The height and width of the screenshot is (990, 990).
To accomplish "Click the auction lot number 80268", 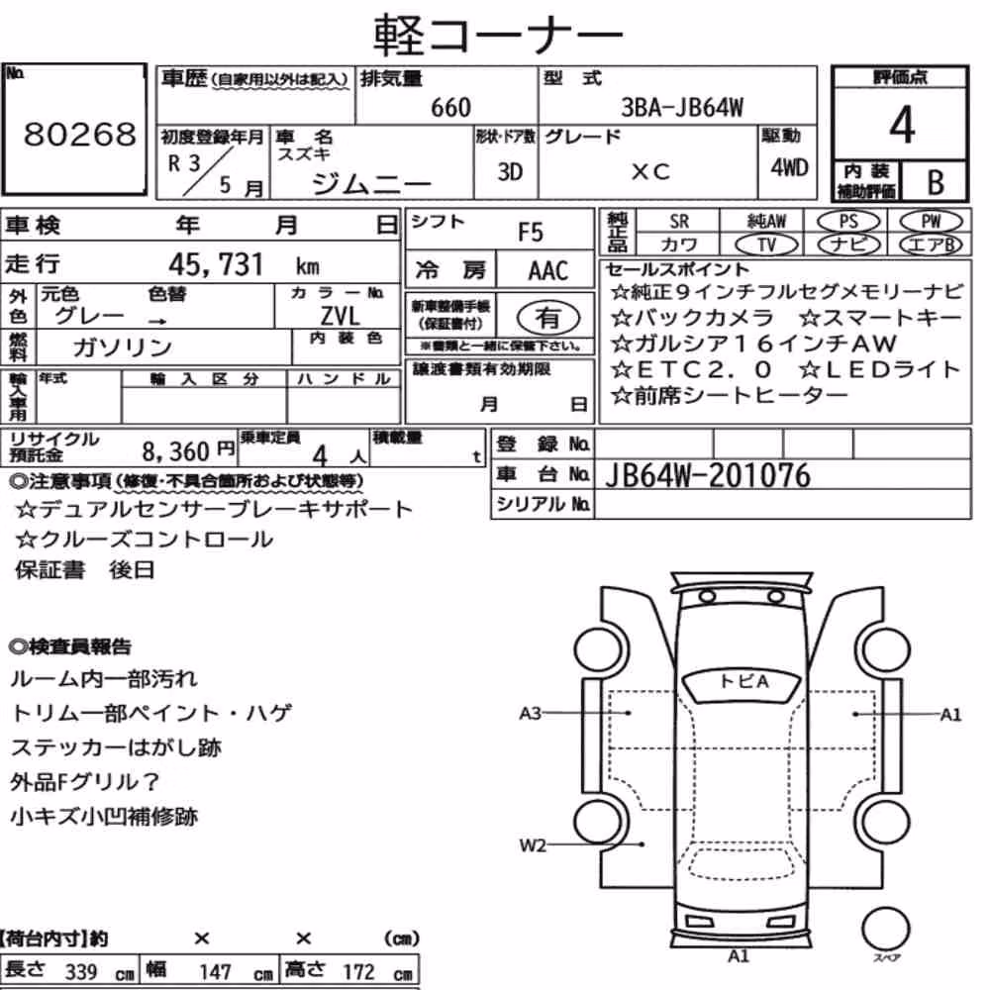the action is coord(79,134).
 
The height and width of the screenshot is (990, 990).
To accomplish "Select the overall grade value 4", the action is coord(902,125).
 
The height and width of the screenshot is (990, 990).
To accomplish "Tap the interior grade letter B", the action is coord(936,182).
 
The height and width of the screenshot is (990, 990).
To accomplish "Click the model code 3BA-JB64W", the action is coord(682,107).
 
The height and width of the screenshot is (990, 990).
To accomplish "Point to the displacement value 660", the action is coord(450,108).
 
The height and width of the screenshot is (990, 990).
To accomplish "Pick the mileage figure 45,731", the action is coord(215,264).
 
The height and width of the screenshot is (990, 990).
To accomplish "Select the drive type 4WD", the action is coord(789,167).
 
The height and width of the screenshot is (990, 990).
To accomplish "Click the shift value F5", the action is coord(531,233).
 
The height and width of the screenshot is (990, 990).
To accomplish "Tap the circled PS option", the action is coord(848,222).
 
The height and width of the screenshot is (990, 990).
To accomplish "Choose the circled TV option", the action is coord(766,245).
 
